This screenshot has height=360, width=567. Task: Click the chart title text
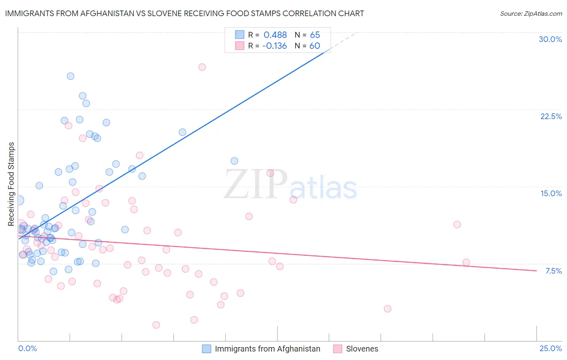tap(184, 13)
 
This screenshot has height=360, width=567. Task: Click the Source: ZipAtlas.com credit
tap(531, 13)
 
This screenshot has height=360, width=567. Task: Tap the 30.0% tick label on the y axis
tap(550, 39)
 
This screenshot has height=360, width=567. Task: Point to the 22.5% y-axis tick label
tap(551, 116)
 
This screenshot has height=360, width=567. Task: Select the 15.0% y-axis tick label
tap(551, 193)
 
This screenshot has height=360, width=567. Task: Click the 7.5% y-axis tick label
tap(553, 271)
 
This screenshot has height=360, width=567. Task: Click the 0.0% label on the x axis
tap(27, 348)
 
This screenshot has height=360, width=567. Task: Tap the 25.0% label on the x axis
tap(550, 348)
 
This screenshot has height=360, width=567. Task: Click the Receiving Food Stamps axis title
tap(11, 184)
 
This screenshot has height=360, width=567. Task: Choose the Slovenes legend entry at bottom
tap(362, 349)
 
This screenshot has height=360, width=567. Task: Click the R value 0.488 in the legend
tap(275, 35)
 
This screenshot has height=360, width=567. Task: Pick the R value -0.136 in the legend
tap(274, 46)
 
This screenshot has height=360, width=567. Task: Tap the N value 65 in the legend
tap(315, 35)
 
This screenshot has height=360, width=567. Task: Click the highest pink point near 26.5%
tap(202, 67)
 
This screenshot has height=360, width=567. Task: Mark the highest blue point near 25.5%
tap(71, 76)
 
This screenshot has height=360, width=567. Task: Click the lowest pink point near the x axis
tap(156, 325)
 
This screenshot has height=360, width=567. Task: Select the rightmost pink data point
tap(466, 262)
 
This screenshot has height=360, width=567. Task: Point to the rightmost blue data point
tap(234, 161)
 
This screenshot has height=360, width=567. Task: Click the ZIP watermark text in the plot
tap(256, 184)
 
